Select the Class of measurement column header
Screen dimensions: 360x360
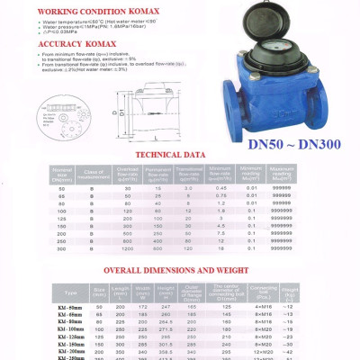pyautogui.click(x=89, y=173)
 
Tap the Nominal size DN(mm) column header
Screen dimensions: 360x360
pyautogui.click(x=62, y=173)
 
